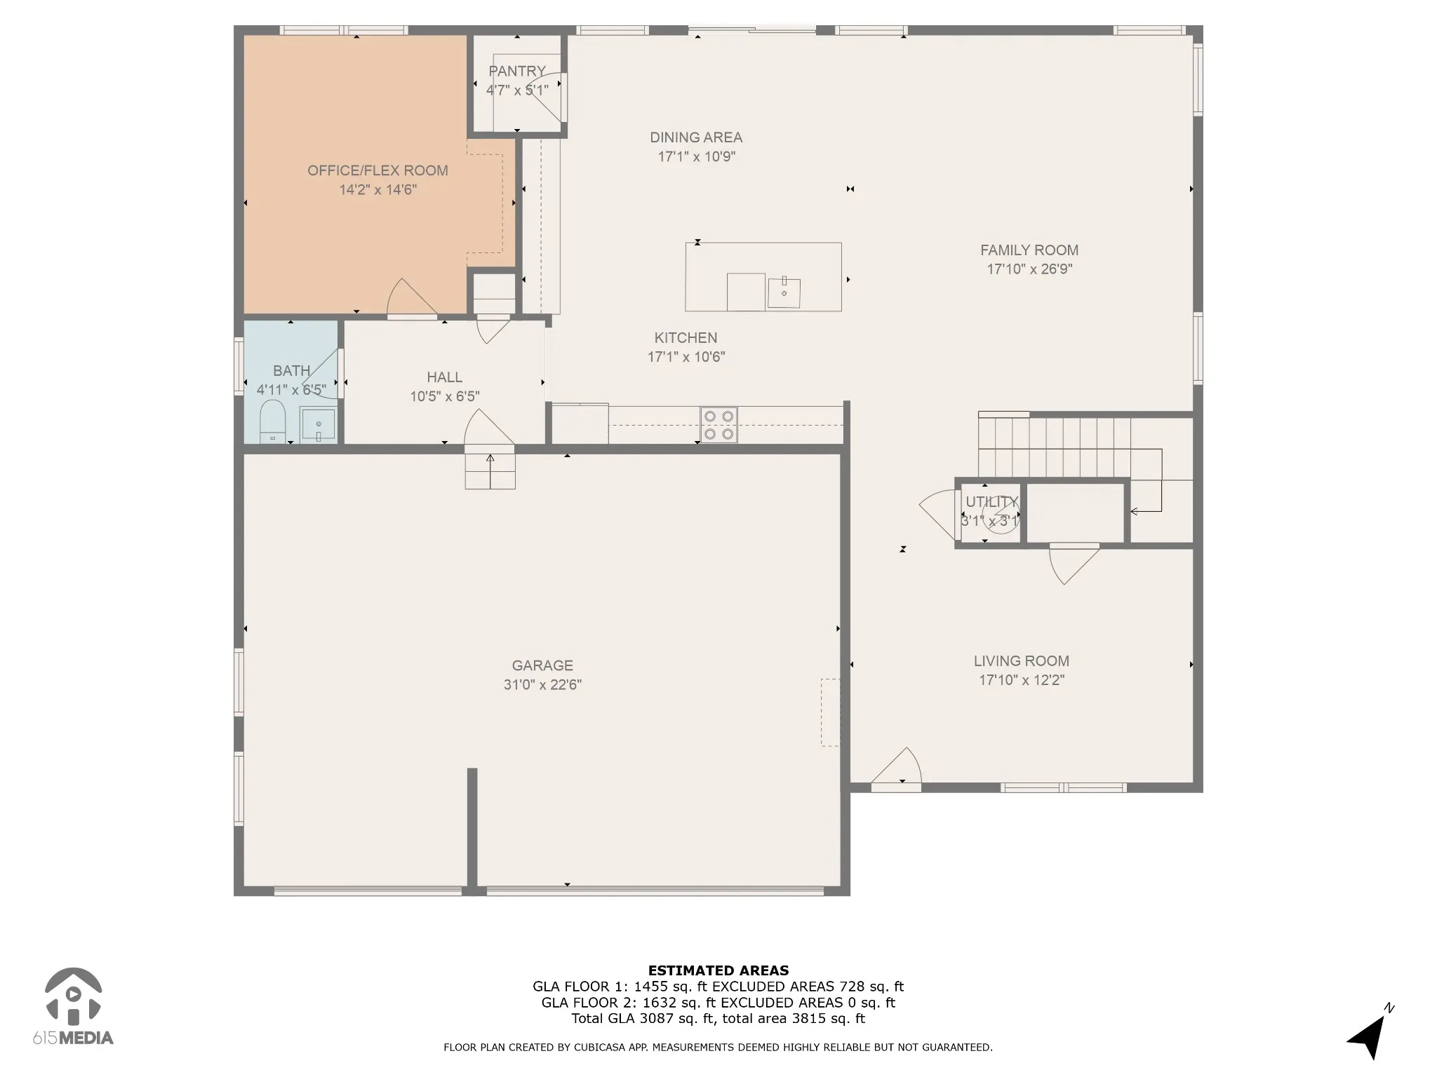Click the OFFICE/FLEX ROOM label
pyautogui.click(x=377, y=170)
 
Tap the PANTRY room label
pyautogui.click(x=517, y=71)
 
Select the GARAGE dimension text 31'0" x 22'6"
pyautogui.click(x=542, y=684)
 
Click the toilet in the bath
pyautogui.click(x=272, y=422)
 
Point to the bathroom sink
pyautogui.click(x=318, y=424)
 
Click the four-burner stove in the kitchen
pyautogui.click(x=718, y=425)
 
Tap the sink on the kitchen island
pyautogui.click(x=784, y=292)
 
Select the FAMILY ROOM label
pyautogui.click(x=1029, y=250)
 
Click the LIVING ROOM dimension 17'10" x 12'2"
pyautogui.click(x=1022, y=680)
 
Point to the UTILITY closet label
pyautogui.click(x=991, y=502)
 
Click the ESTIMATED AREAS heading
pyautogui.click(x=718, y=971)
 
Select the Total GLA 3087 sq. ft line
pyautogui.click(x=718, y=1019)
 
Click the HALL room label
pyautogui.click(x=445, y=377)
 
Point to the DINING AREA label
pyautogui.click(x=696, y=137)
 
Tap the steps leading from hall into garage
pyautogui.click(x=490, y=470)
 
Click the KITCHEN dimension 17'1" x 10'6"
pyautogui.click(x=686, y=357)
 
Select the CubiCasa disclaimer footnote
pyautogui.click(x=718, y=1048)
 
